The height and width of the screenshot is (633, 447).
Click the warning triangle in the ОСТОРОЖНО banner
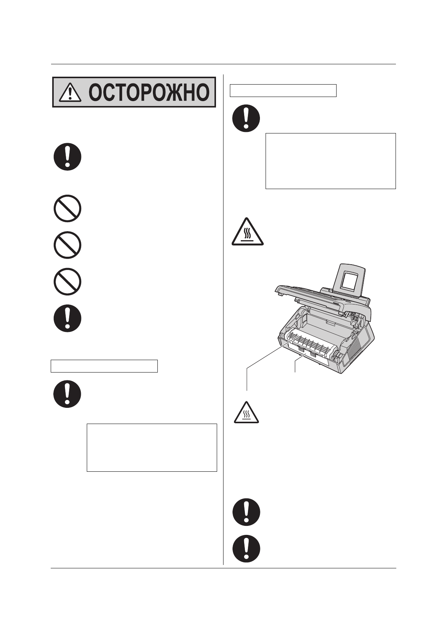67,92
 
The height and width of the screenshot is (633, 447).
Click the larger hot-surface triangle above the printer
247,232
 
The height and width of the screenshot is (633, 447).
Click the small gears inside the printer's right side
353,318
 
